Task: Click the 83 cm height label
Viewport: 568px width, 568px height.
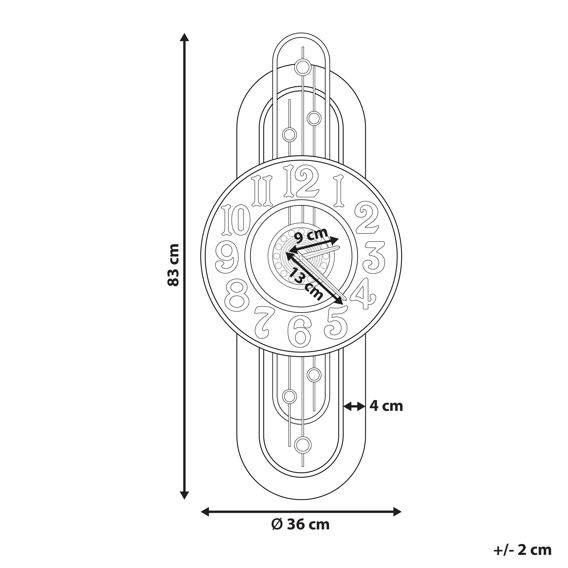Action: (173, 265)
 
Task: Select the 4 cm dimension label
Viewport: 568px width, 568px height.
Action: (386, 406)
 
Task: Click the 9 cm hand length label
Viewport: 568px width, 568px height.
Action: (311, 235)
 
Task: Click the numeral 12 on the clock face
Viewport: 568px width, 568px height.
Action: (301, 181)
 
